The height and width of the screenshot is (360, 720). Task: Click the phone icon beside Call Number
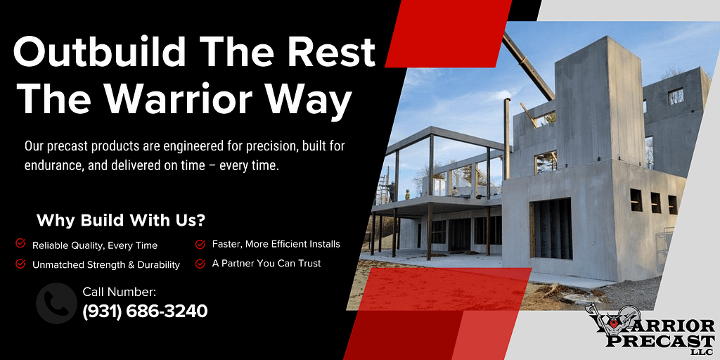click(x=56, y=303)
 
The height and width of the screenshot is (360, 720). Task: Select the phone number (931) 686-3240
click(x=145, y=311)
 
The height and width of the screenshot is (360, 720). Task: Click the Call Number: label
click(x=120, y=292)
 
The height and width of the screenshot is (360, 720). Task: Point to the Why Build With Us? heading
click(x=121, y=220)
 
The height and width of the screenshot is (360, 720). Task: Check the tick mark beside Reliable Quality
click(x=20, y=243)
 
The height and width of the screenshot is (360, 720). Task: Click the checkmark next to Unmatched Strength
click(x=20, y=264)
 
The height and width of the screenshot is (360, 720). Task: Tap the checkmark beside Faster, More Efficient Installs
click(x=200, y=244)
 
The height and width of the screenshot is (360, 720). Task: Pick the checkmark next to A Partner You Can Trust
click(x=200, y=264)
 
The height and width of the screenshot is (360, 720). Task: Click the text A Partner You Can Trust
click(x=266, y=264)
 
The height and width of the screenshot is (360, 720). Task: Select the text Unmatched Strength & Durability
click(x=106, y=265)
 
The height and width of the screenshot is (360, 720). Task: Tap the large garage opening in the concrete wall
click(x=551, y=229)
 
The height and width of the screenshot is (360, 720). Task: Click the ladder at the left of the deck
click(x=382, y=185)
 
